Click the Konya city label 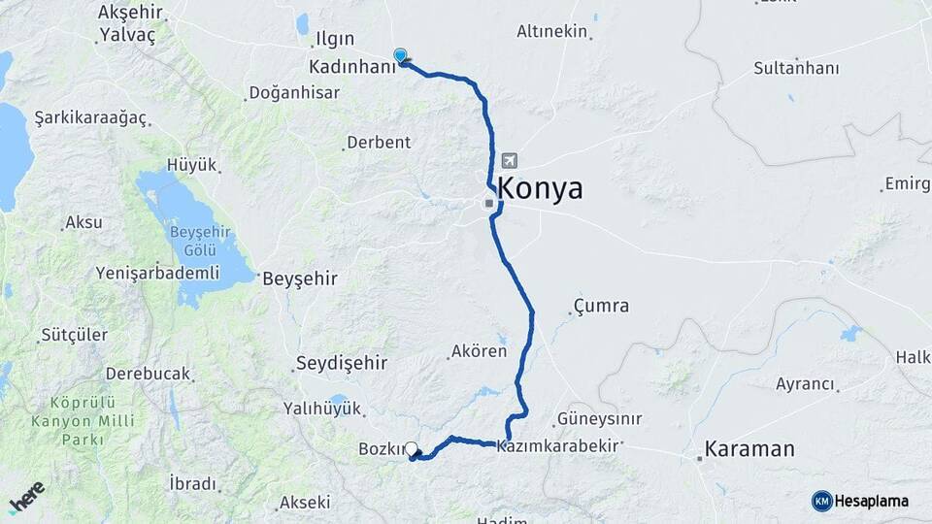[x=540, y=189]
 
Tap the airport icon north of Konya [x=511, y=161]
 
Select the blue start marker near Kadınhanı [x=400, y=56]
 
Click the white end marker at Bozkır [x=412, y=449]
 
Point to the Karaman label [x=749, y=449]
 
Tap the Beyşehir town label [x=300, y=278]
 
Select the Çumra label [x=601, y=307]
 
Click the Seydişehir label [x=340, y=363]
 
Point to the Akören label [x=479, y=351]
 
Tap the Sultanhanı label [x=796, y=69]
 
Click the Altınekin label [x=552, y=32]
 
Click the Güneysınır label [x=599, y=420]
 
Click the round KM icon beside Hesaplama [x=821, y=501]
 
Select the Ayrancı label [x=806, y=383]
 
